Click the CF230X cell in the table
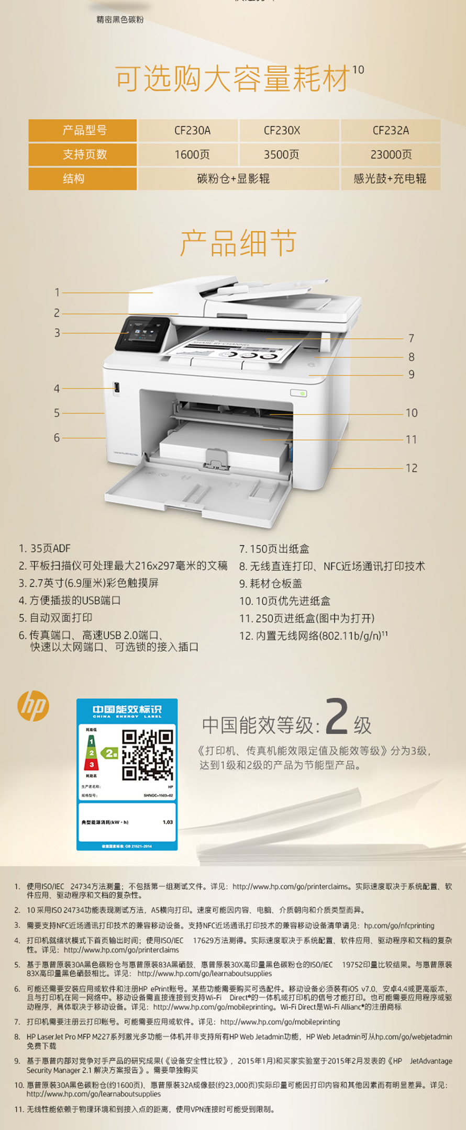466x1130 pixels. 282,130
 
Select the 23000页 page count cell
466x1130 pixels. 391,154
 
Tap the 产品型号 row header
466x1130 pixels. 84,130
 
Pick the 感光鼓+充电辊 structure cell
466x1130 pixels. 390,178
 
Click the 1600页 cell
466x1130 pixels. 192,154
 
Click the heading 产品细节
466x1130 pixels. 238,243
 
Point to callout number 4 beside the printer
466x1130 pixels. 57,389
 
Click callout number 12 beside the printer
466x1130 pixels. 412,468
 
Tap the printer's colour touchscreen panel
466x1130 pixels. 141,333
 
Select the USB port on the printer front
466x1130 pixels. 117,388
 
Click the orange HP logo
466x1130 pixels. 34,706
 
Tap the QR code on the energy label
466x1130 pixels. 148,755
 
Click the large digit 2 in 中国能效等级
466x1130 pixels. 337,717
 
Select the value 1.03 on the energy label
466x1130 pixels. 168,822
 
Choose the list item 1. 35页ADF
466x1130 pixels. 45,548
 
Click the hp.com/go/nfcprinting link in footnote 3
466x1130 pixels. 399,925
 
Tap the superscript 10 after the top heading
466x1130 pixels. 358,70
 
